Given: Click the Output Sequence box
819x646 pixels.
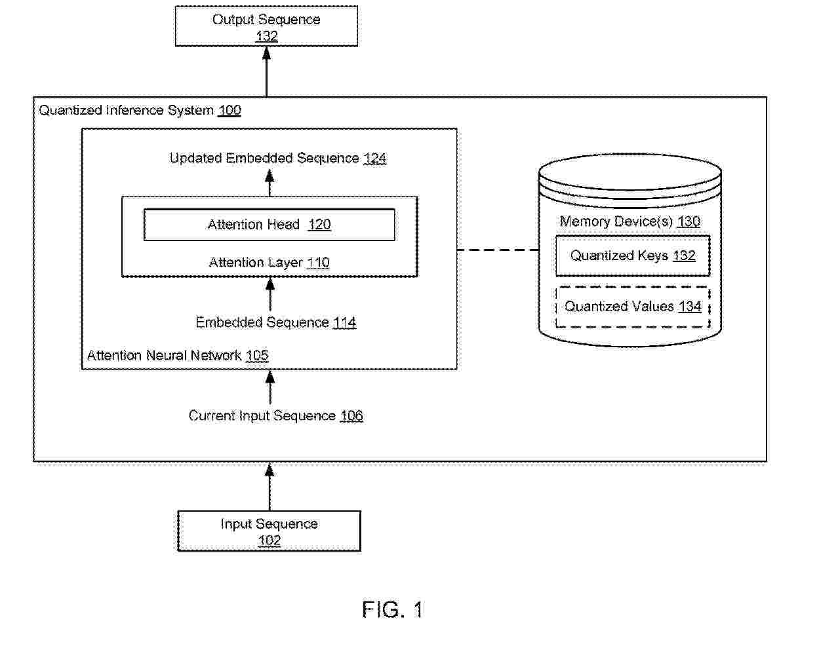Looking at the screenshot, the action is click(266, 26).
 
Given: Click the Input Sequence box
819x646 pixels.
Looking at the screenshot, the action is click(269, 531).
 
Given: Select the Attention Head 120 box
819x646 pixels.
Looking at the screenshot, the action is click(269, 225).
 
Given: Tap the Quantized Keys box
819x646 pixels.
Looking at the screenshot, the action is click(633, 256).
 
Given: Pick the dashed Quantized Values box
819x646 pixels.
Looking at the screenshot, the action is click(633, 307).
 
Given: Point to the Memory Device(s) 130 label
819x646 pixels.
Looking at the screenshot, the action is click(630, 221).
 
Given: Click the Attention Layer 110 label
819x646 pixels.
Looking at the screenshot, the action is click(269, 262).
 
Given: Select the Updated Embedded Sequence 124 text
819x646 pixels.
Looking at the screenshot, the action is click(278, 158).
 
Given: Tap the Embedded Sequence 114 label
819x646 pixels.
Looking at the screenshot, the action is click(276, 322).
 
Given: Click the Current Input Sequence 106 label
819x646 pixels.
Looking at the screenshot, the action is click(275, 415).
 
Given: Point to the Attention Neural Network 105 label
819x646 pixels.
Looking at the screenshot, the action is click(178, 356).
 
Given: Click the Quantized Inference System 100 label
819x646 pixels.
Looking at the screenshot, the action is click(140, 110).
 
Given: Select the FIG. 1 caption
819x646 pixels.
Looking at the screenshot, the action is click(392, 609).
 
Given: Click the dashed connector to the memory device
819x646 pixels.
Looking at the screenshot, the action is click(498, 250).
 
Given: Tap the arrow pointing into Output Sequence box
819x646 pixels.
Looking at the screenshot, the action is click(266, 71).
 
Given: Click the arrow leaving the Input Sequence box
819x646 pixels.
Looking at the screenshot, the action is click(270, 487).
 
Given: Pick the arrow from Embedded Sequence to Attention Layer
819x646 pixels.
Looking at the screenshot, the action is click(270, 294).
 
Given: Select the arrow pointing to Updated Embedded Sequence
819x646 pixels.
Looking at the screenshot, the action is click(270, 183).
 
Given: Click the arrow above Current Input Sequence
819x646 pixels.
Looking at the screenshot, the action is click(270, 387).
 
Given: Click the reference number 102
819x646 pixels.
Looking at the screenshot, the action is click(269, 541).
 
